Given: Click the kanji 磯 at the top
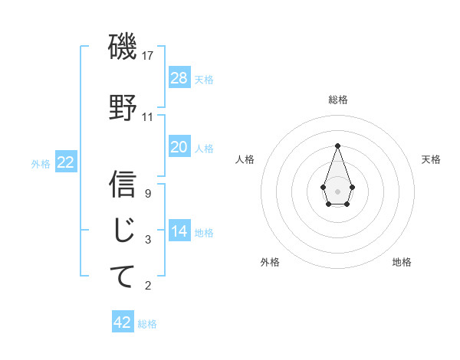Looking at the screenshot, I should (123, 47).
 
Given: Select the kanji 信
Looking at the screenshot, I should (123, 184).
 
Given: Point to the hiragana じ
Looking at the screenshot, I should (123, 230).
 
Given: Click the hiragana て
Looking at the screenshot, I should (123, 276).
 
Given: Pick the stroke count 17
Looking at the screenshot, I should (148, 56).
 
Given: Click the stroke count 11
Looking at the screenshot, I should (148, 117).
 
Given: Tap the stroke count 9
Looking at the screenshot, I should (148, 194).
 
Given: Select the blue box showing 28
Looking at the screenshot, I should (179, 77).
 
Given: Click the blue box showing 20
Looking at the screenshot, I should (179, 146).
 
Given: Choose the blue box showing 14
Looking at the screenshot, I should (179, 231).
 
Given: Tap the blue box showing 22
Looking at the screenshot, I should (66, 162).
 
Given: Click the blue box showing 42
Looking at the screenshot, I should (123, 322).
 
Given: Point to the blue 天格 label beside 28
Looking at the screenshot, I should (204, 79).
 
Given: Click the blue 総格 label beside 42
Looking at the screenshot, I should (147, 324).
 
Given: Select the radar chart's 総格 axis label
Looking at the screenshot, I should (337, 100).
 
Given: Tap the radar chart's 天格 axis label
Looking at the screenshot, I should (431, 159).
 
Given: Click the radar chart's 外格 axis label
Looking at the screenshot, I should (270, 262).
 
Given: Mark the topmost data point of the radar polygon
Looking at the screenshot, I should (337, 145).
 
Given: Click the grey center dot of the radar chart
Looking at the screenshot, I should (337, 190).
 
